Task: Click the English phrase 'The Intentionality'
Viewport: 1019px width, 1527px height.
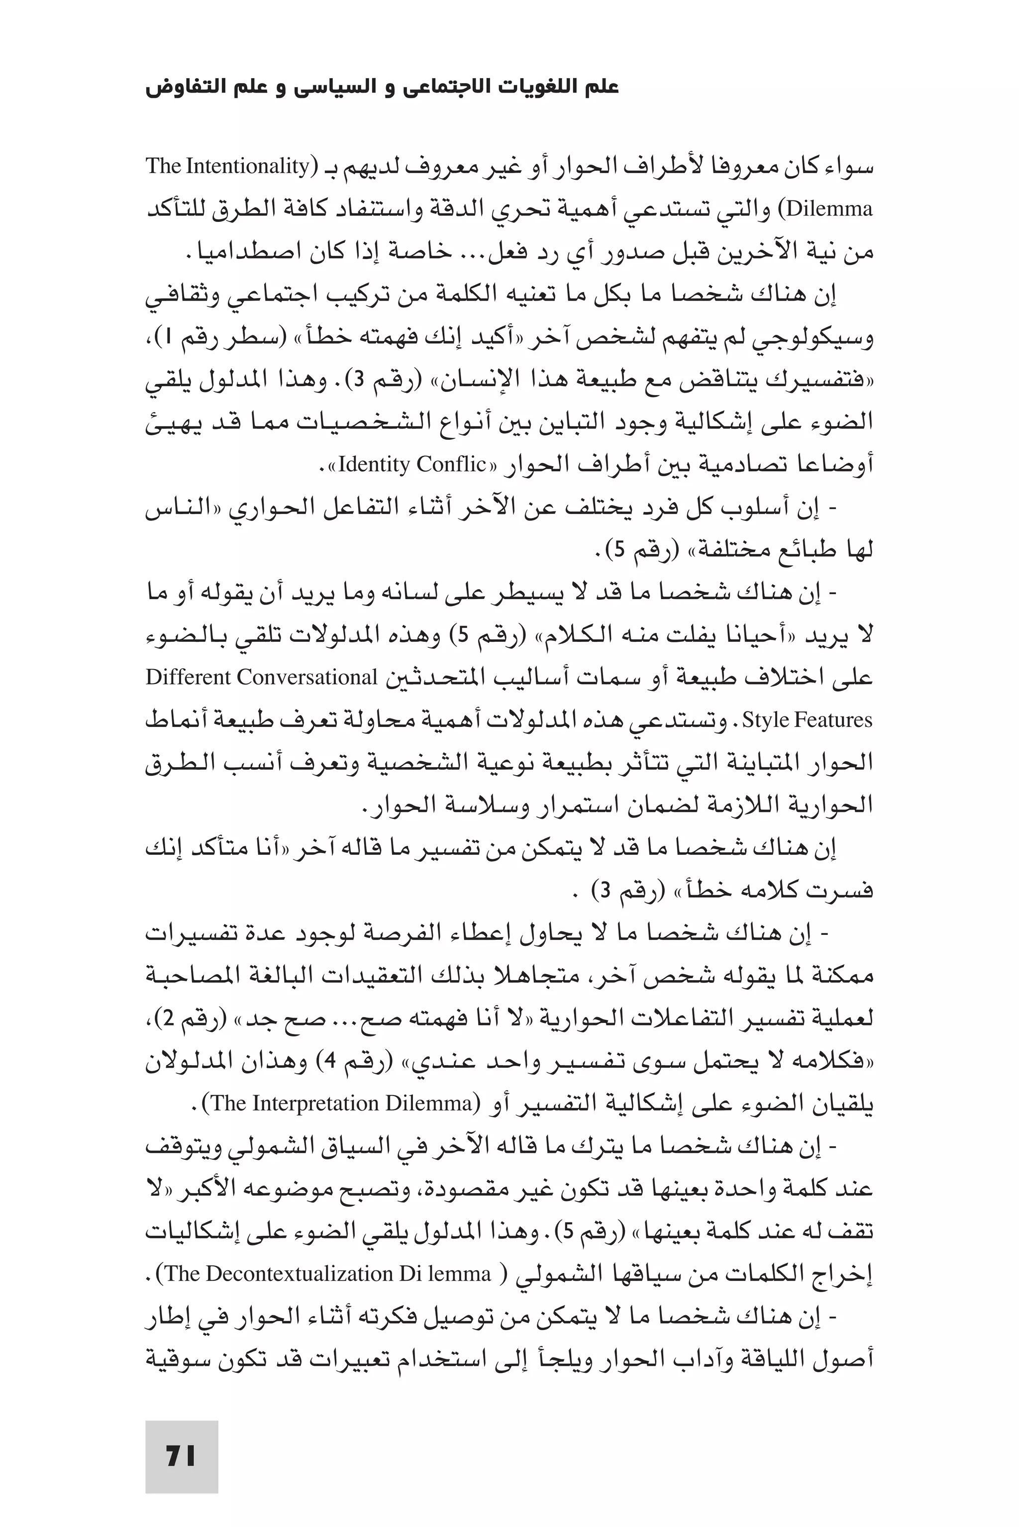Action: (227, 166)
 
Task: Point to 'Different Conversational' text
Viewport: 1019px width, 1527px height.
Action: (261, 678)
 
